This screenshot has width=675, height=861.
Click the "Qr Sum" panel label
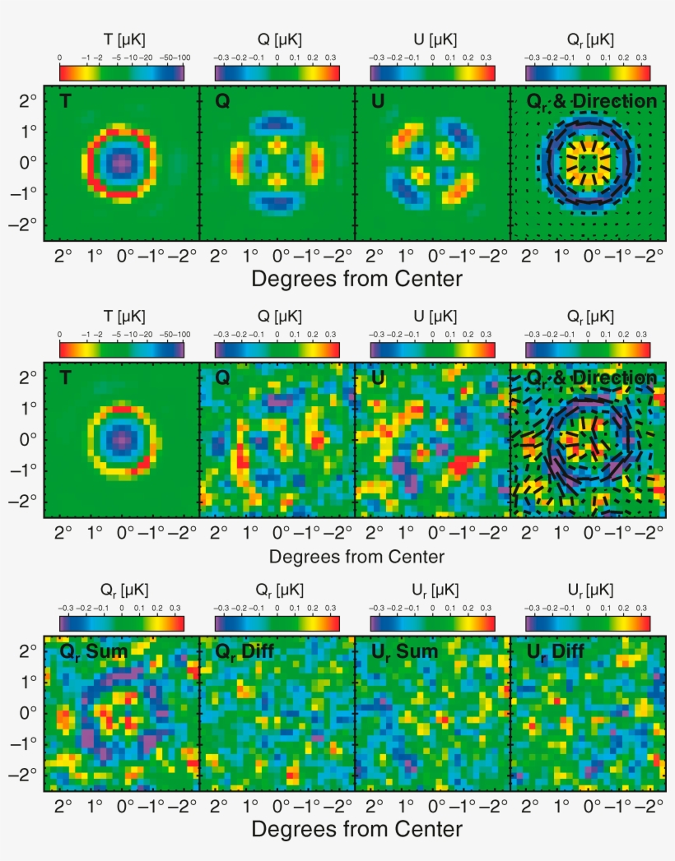tap(93, 653)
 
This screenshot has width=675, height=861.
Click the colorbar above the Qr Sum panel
tap(122, 623)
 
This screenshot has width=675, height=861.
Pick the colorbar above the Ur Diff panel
tap(588, 623)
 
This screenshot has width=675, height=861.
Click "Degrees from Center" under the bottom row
tap(356, 828)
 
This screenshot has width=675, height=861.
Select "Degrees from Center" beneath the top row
tap(356, 279)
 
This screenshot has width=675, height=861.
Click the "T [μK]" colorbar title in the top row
tap(121, 39)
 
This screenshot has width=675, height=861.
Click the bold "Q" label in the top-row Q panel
tap(222, 102)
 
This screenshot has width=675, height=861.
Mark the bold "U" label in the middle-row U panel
tap(378, 378)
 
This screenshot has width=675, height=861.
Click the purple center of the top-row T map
tap(121, 163)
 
